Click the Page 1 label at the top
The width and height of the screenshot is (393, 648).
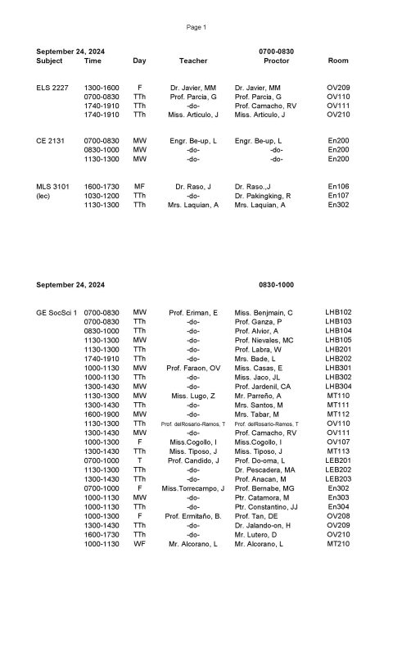point(196,27)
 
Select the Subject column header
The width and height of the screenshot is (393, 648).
point(49,61)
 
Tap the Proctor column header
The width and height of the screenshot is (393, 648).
point(276,61)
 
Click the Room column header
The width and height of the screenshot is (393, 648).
point(338,61)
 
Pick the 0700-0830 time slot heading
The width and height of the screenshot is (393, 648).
point(276,51)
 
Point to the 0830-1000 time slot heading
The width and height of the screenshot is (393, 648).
point(276,284)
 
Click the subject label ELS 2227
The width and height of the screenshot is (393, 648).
point(52,87)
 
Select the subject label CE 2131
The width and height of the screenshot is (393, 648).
point(51,141)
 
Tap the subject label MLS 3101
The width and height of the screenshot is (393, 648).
point(52,187)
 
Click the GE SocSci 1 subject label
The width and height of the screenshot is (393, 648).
point(56,312)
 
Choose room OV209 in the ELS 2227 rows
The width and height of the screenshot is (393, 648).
point(338,87)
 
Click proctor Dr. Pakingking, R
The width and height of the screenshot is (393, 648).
point(265,196)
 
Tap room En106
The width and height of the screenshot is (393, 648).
point(338,187)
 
